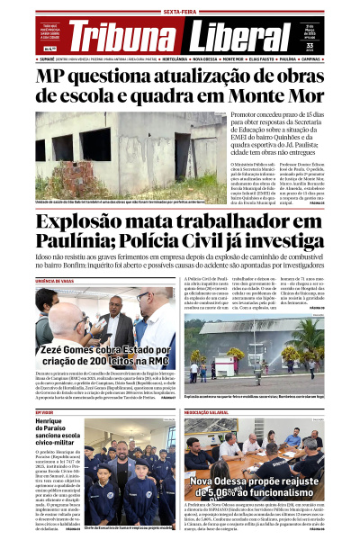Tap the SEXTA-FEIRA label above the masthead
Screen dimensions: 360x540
pyautogui.click(x=179, y=11)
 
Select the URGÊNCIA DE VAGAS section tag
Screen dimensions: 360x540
pyautogui.click(x=57, y=282)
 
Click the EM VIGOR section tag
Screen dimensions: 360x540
pyautogui.click(x=45, y=414)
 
